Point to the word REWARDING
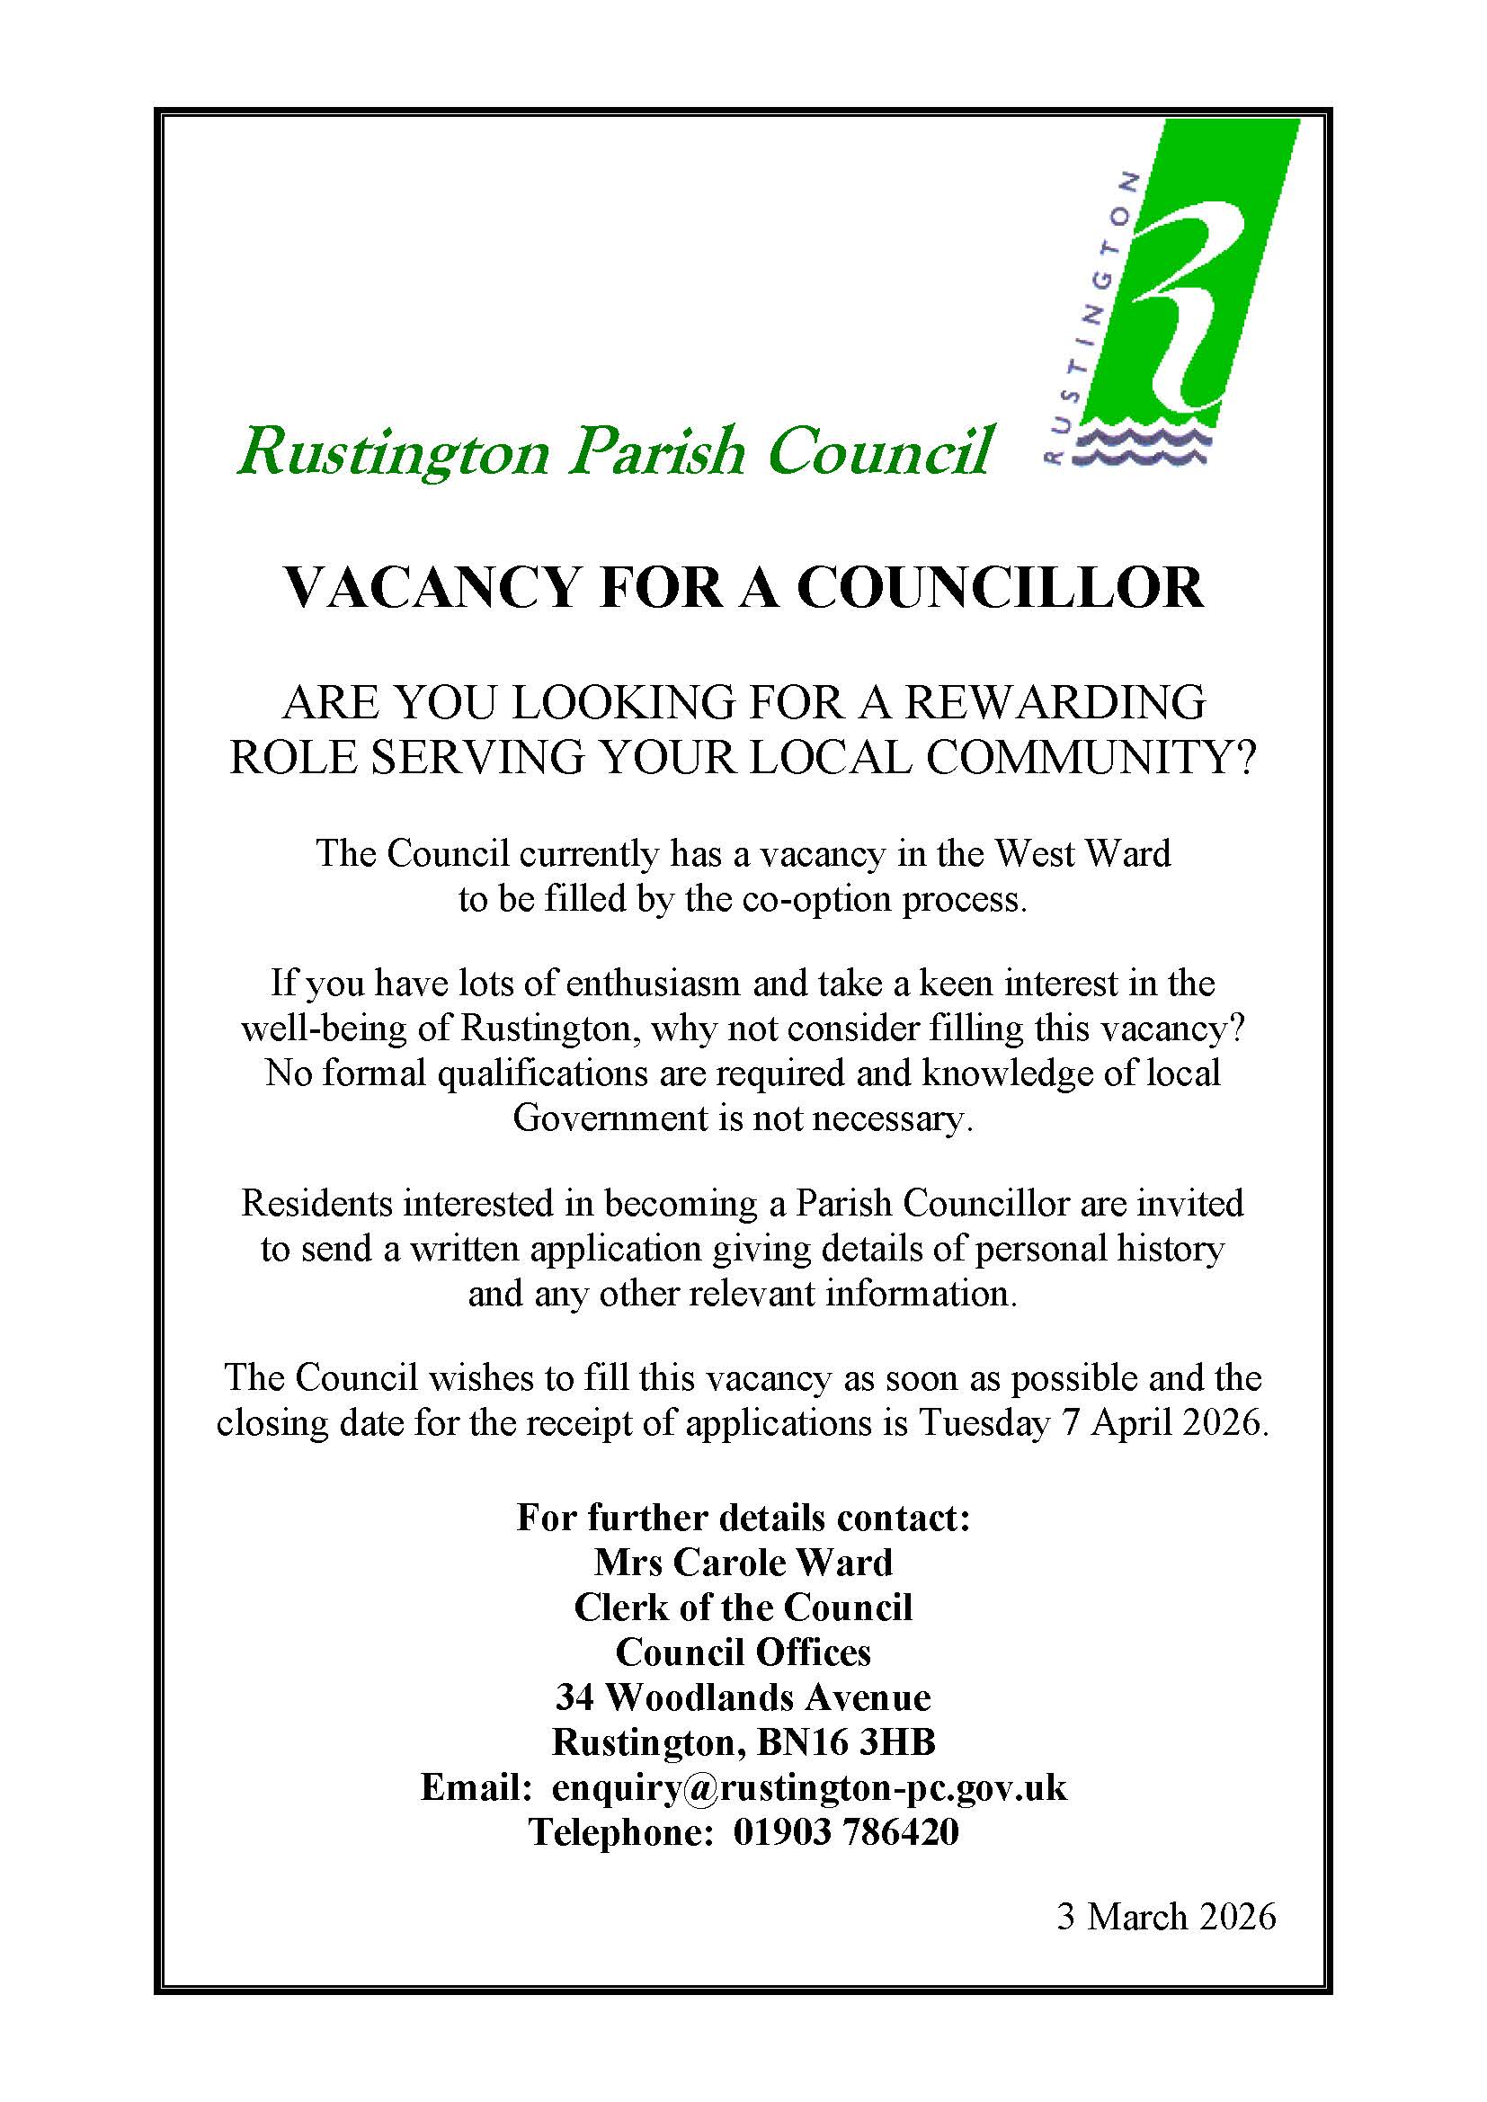tap(1054, 703)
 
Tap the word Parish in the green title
tap(655, 451)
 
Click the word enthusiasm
tap(653, 983)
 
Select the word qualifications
tap(542, 1072)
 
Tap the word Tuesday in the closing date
tap(983, 1422)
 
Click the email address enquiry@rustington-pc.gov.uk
tap(809, 1787)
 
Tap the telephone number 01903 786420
tap(846, 1832)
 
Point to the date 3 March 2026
tap(1166, 1917)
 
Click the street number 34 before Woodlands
tap(575, 1697)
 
